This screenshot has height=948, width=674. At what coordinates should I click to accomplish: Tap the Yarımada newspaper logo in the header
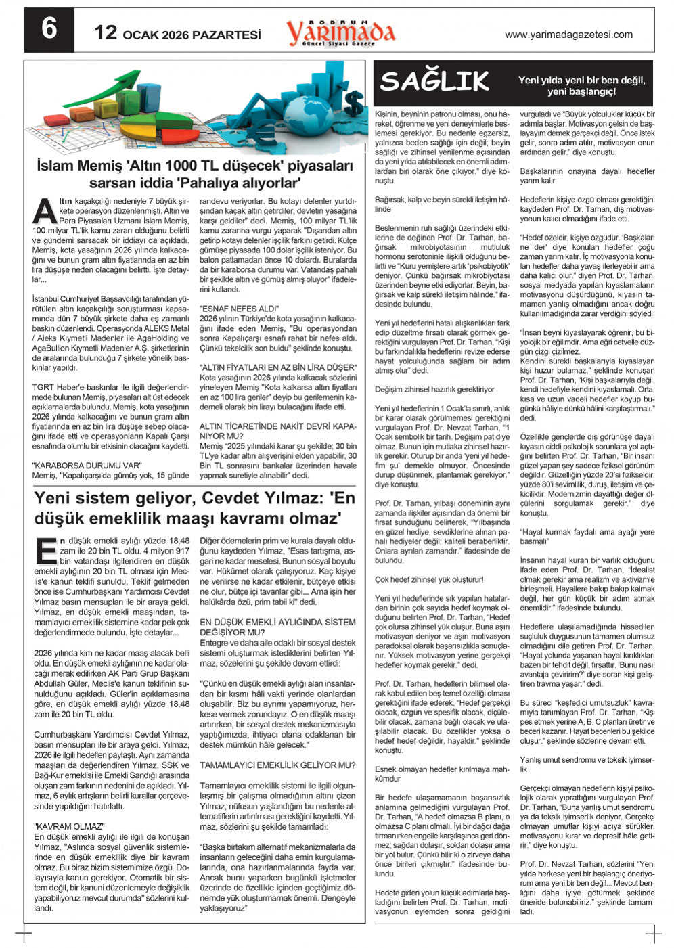click(340, 32)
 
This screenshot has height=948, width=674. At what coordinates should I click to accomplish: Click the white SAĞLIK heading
click(434, 82)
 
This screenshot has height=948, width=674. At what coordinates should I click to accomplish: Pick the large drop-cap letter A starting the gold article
click(45, 210)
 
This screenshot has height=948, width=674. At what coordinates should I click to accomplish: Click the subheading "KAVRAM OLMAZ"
click(69, 826)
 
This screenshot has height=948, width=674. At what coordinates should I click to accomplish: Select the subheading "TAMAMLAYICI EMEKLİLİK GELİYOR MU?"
click(277, 765)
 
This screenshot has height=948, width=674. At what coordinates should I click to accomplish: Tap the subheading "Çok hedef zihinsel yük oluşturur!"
click(429, 580)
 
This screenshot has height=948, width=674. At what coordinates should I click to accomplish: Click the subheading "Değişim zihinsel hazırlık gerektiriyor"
click(434, 390)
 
